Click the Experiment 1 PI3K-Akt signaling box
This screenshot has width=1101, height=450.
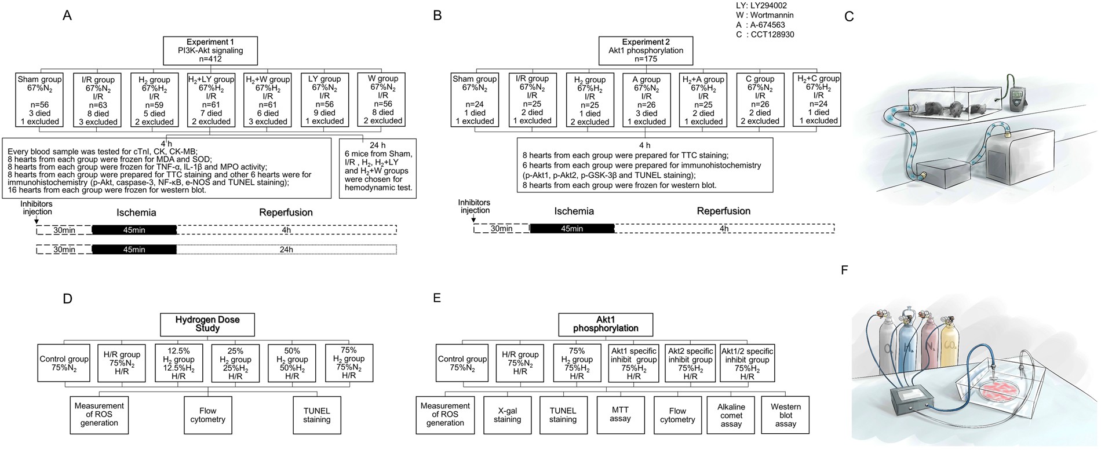coord(210,50)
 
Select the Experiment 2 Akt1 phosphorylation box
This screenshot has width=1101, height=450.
coord(646,50)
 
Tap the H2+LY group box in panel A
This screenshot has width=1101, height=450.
coord(211,100)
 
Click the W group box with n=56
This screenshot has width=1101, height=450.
coord(381,99)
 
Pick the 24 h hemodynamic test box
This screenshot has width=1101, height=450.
coord(378,167)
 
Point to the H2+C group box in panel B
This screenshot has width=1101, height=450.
coord(818,99)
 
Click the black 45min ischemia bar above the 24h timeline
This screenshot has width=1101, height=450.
coord(134,250)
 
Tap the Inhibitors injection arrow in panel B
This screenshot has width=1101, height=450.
coord(473,219)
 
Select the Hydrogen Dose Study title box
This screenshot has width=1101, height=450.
coord(207,324)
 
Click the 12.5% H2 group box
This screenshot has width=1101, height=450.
coord(178,363)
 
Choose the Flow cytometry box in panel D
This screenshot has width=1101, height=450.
coord(207,415)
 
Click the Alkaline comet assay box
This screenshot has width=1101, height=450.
coord(731,415)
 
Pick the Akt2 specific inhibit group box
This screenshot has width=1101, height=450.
coord(690,363)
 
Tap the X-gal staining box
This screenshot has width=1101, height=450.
coord(507,415)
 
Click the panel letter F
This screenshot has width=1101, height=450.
coord(844,270)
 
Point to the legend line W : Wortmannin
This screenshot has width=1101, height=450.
coord(764,15)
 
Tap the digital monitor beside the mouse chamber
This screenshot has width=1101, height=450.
coord(1018,93)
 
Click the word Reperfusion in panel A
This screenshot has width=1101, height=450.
coord(286,213)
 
